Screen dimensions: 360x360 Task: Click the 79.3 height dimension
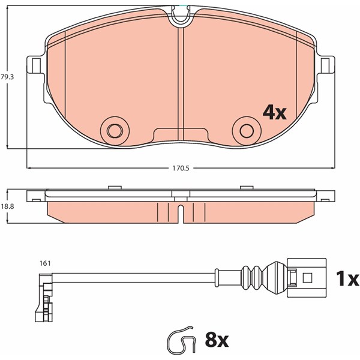pos(7,77)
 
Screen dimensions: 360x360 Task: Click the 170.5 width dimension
pos(181,168)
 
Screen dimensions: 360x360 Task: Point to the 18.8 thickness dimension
pos(7,206)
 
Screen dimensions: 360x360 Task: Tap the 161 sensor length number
pos(45,263)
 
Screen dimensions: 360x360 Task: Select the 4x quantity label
pos(275,113)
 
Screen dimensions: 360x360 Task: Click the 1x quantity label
pos(347,278)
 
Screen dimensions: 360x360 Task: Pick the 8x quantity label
pos(217,340)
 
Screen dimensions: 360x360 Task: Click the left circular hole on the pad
pos(115,131)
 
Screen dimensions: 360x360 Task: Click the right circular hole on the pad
pos(247,131)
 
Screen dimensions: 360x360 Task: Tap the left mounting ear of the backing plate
pos(35,65)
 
